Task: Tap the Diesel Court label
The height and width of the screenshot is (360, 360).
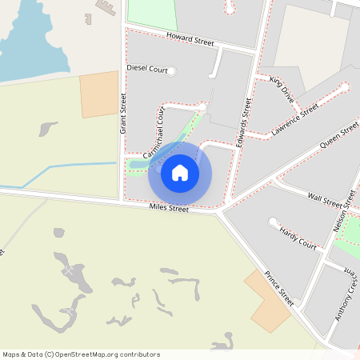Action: point(147,70)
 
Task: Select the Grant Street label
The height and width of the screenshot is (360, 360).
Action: point(124,113)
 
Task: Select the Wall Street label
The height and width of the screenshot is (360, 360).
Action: point(326,198)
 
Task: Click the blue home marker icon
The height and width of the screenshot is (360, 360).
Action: point(180,172)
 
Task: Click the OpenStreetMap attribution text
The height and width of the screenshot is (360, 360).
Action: point(82,354)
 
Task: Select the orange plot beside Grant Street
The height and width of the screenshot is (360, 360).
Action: point(99,94)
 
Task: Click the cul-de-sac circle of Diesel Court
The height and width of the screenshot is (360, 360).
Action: point(171,70)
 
